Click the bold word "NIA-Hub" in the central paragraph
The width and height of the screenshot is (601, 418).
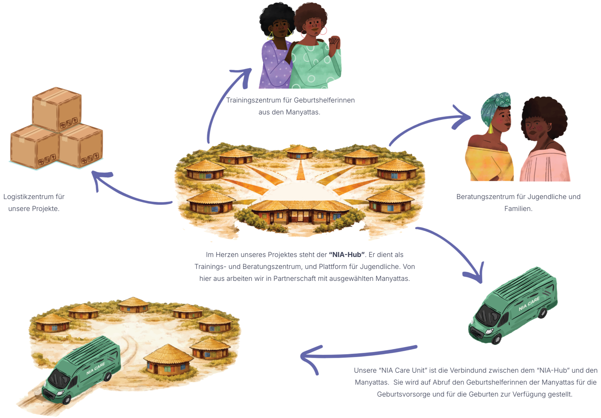(347, 255)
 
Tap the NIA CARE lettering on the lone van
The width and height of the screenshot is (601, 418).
(529, 304)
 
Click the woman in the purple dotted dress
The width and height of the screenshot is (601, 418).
(274, 65)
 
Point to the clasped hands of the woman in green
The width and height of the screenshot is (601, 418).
(334, 44)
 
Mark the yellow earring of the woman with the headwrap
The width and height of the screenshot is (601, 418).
(491, 128)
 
